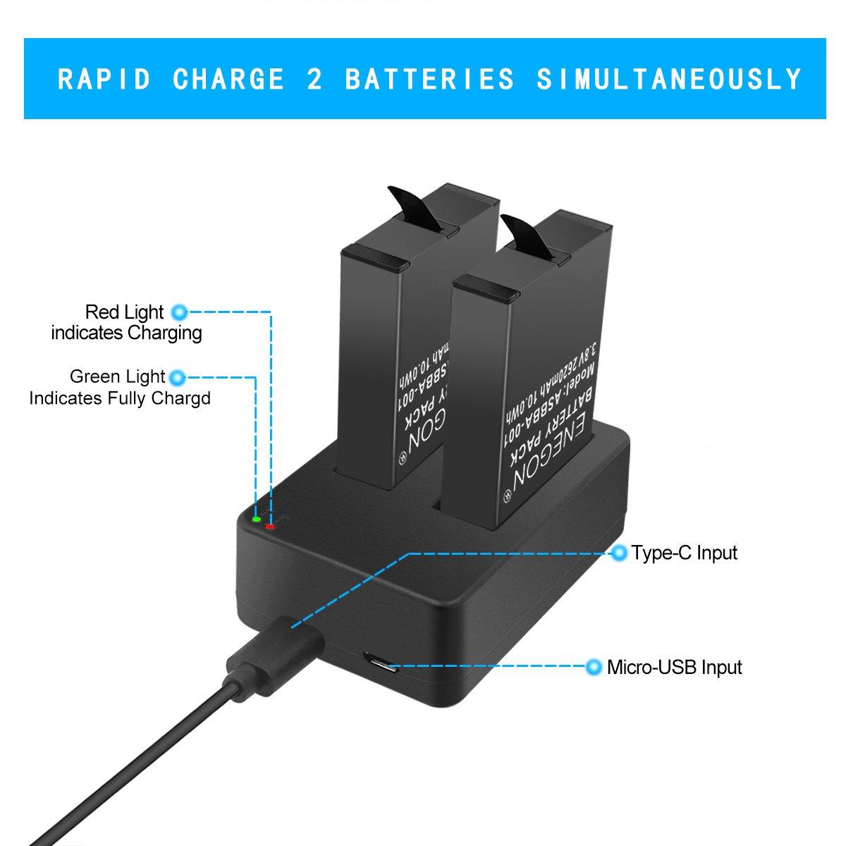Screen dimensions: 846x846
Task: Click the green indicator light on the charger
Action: click(257, 520)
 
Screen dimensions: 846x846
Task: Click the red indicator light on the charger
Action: click(270, 527)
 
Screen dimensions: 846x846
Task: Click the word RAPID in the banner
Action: click(104, 79)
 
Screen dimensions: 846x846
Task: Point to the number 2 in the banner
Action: click(314, 79)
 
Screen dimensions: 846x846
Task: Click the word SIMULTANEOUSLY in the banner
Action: click(669, 79)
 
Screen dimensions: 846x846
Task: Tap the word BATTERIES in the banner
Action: click(429, 79)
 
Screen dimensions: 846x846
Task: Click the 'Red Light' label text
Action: click(124, 312)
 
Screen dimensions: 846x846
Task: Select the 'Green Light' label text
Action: click(117, 376)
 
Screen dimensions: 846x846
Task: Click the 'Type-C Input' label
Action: click(685, 553)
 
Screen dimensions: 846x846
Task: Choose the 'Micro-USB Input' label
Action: click(675, 668)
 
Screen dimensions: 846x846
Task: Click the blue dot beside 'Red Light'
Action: click(178, 312)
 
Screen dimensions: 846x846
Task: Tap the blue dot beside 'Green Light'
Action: click(178, 377)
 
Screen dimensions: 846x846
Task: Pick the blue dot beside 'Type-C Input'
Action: click(620, 552)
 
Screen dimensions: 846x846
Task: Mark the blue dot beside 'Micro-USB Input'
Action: click(594, 666)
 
